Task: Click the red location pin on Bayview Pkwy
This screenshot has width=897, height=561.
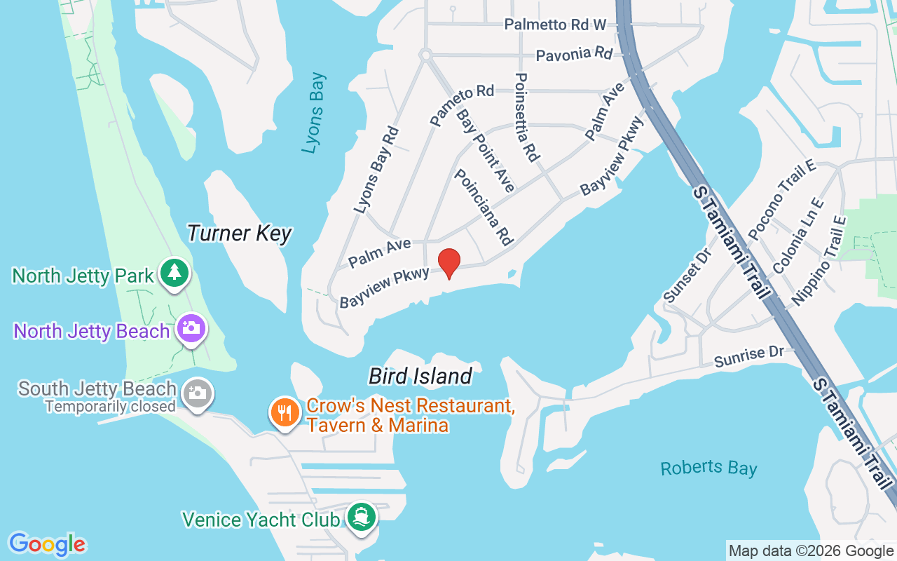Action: (x=449, y=263)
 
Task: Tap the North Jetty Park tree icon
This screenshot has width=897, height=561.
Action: (x=174, y=273)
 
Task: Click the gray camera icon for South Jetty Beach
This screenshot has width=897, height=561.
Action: (x=198, y=393)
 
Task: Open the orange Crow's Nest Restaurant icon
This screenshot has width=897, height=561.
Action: (x=285, y=412)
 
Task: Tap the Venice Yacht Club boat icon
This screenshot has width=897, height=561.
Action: (x=362, y=518)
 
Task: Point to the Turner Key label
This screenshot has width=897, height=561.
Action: (x=239, y=233)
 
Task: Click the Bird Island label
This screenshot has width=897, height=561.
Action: (x=420, y=376)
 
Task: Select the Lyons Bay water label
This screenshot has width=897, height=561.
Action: (x=314, y=112)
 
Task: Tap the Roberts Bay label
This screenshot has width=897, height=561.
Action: (x=708, y=468)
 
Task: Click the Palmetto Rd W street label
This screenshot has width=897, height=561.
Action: (x=555, y=25)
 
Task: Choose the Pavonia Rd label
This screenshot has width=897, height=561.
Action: (x=574, y=53)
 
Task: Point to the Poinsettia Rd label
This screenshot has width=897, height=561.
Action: (x=526, y=117)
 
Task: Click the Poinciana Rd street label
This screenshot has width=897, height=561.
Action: (x=483, y=207)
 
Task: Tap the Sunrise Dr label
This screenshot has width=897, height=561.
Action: (x=749, y=356)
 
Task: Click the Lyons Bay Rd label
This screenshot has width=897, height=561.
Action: (x=376, y=170)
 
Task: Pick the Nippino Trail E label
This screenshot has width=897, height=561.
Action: (x=819, y=261)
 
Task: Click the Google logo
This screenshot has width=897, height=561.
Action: (x=47, y=544)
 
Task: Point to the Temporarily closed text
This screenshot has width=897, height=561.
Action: (x=110, y=406)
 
